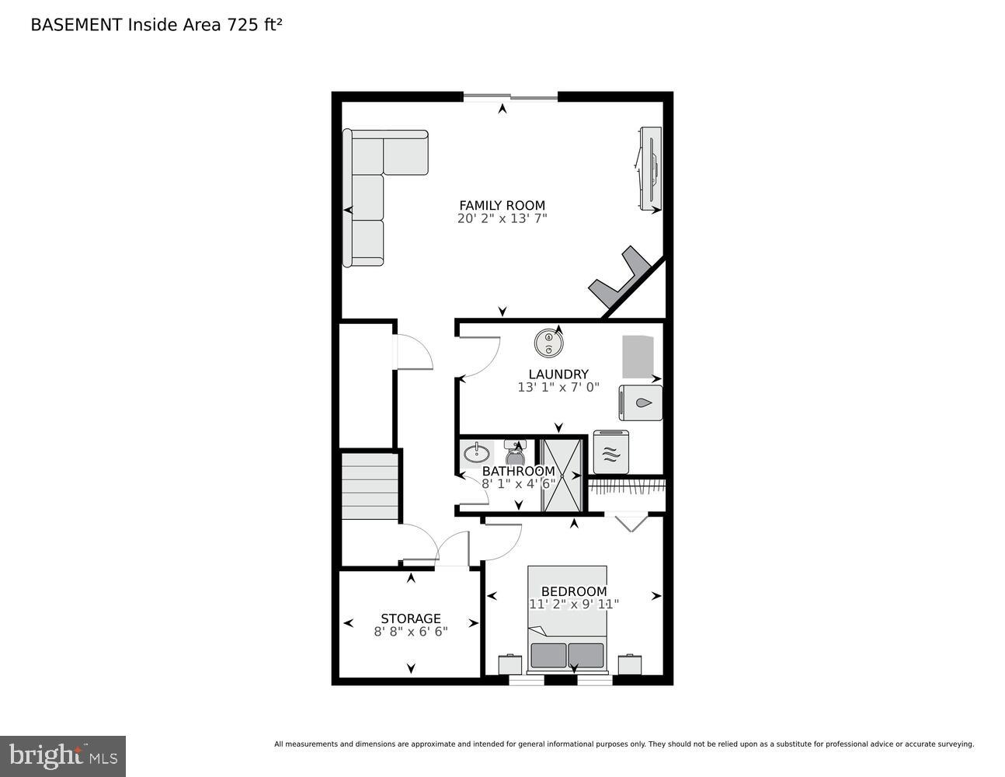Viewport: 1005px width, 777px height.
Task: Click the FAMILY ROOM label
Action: coord(502,206)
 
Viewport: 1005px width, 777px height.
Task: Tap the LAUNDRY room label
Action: coord(558,374)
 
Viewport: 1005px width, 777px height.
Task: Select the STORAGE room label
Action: coord(410,618)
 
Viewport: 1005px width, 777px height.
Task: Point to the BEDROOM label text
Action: coord(573,591)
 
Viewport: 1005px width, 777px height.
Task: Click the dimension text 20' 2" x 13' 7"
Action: coord(502,219)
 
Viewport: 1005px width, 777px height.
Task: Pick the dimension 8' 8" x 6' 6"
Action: coord(410,632)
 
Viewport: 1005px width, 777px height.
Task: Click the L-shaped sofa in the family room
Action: coord(373,194)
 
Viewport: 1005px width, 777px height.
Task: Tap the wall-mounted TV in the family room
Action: coord(650,169)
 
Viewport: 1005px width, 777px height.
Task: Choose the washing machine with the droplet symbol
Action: coord(641,403)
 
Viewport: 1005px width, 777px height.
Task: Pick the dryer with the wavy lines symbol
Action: coord(611,452)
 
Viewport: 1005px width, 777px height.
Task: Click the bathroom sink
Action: coord(475,452)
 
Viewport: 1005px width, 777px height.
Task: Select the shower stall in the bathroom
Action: coord(562,475)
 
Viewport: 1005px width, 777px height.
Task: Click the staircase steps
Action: coord(370,486)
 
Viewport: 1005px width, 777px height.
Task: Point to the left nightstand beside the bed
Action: coord(509,664)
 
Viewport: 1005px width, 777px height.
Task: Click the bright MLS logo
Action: coord(62,755)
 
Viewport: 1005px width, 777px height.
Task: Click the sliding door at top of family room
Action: coord(510,97)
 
